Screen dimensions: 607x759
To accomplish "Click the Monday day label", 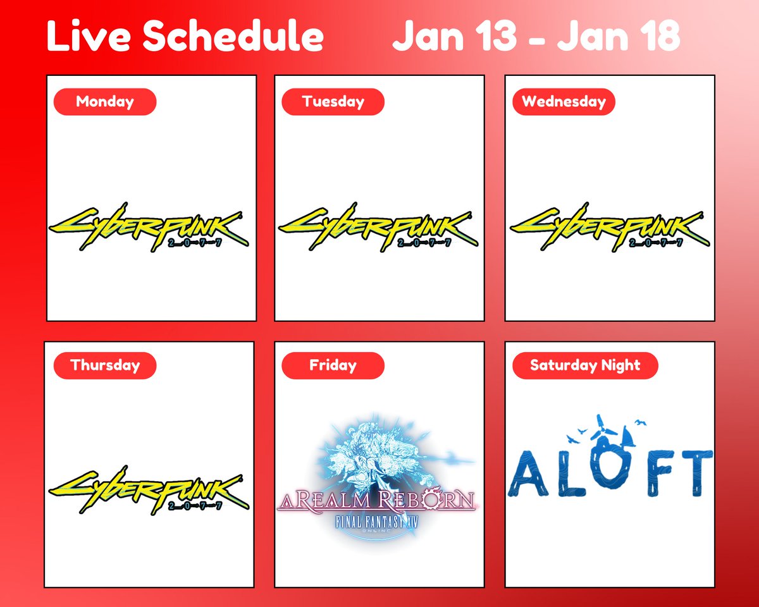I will click(105, 102).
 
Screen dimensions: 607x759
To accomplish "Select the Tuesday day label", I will click(333, 102).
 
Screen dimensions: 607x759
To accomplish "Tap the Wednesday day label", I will click(564, 102).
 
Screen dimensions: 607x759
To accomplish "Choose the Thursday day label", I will click(105, 365).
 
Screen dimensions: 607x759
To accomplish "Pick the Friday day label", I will click(333, 365).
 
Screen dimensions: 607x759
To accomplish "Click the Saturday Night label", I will click(585, 365).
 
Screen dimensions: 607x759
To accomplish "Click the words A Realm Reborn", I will click(376, 502).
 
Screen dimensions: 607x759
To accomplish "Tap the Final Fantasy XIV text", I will click(378, 524).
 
